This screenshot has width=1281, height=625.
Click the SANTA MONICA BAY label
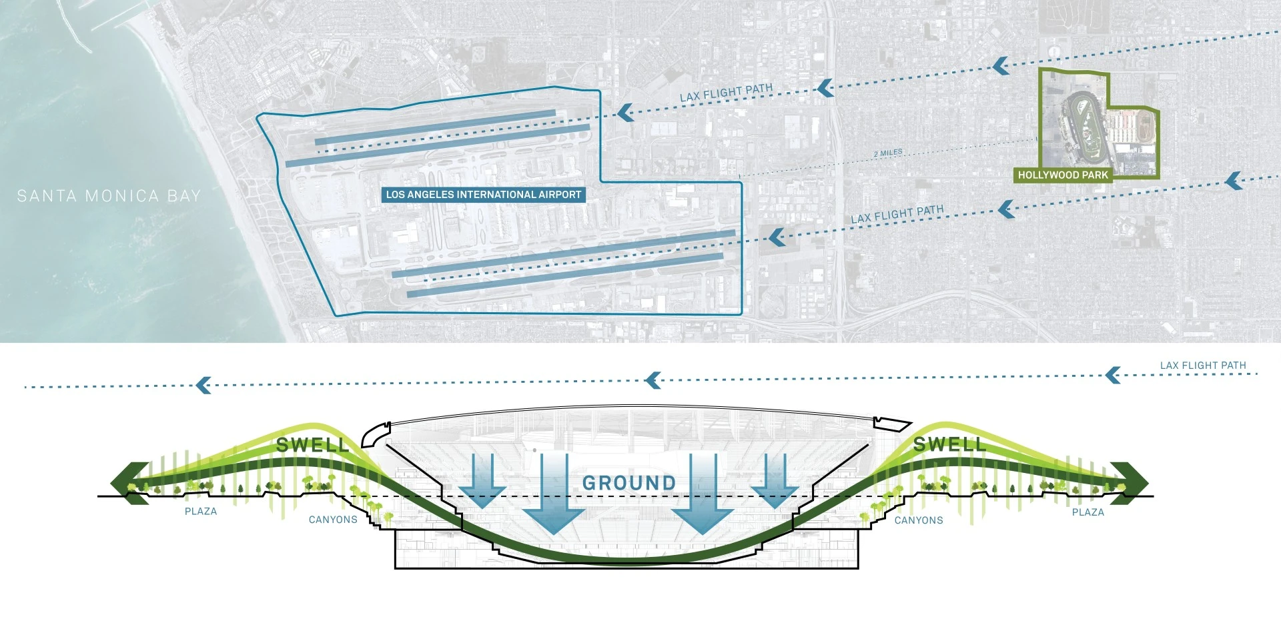click(109, 196)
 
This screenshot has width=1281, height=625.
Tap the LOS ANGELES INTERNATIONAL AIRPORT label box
click(484, 195)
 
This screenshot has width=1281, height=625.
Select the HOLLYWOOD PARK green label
click(1063, 175)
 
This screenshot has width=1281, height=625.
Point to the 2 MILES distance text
click(888, 153)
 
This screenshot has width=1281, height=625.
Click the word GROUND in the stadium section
click(629, 483)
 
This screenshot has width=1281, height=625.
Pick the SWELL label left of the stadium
click(312, 445)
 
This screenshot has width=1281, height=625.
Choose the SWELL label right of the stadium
click(949, 444)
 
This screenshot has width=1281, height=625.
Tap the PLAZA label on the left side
click(201, 512)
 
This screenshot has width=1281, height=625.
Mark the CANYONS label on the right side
click(919, 520)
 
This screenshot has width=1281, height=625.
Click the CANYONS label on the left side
click(333, 520)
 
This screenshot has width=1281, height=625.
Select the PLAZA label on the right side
click(1088, 512)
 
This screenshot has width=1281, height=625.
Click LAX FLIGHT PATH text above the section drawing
click(1203, 366)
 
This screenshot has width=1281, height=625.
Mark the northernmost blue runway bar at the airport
click(435, 127)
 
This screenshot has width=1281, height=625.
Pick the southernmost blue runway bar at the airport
click(565, 275)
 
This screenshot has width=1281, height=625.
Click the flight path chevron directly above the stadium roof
click(653, 381)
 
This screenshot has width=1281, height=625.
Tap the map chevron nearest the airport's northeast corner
click(625, 112)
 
